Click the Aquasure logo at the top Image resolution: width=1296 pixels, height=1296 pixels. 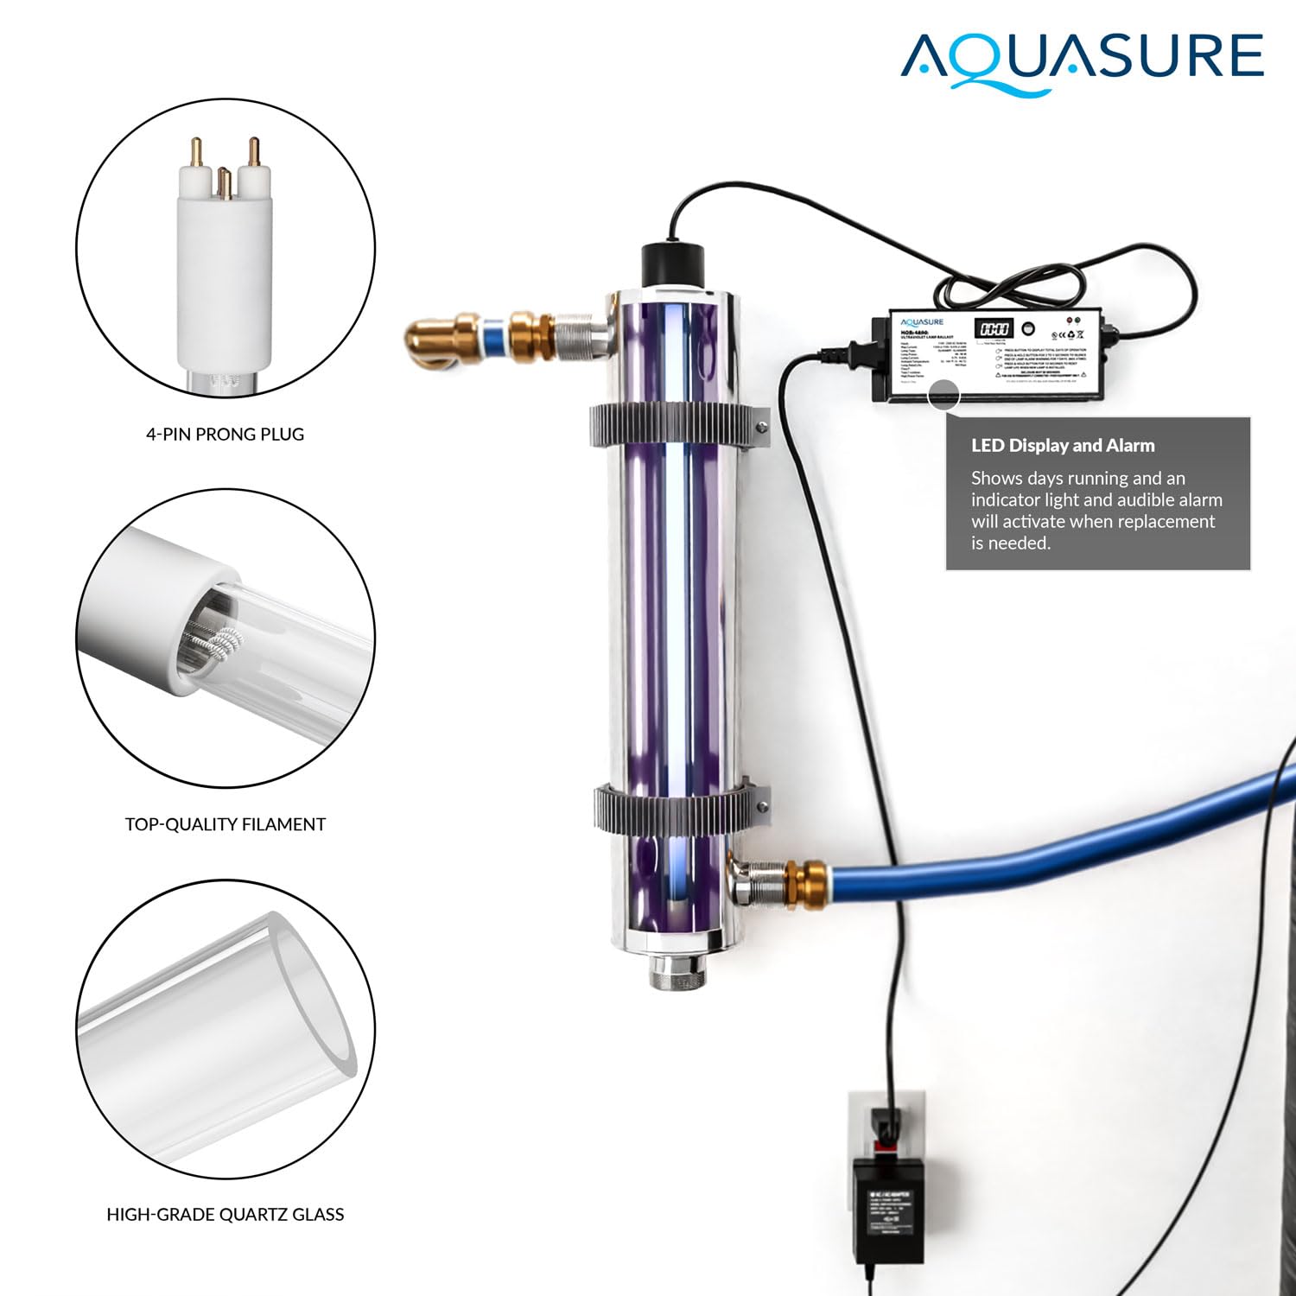[1082, 59]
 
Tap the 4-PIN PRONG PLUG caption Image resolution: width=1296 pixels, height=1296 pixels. [225, 435]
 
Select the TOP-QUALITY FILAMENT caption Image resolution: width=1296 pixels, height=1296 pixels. [225, 824]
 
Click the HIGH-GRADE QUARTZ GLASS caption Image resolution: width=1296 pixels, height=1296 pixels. [225, 1215]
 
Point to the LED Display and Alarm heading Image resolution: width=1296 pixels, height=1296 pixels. [1062, 446]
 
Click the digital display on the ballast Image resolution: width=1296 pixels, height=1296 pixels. [994, 329]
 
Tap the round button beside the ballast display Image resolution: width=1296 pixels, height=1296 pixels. [1028, 328]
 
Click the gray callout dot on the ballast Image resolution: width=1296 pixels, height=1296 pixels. [943, 396]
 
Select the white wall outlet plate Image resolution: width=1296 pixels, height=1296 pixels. [890, 1123]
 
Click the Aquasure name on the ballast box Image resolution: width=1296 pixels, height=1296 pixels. [922, 322]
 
